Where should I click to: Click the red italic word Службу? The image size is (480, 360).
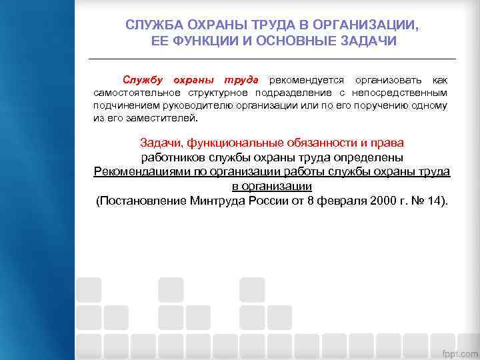142,80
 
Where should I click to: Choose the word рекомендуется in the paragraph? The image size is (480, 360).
307,80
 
